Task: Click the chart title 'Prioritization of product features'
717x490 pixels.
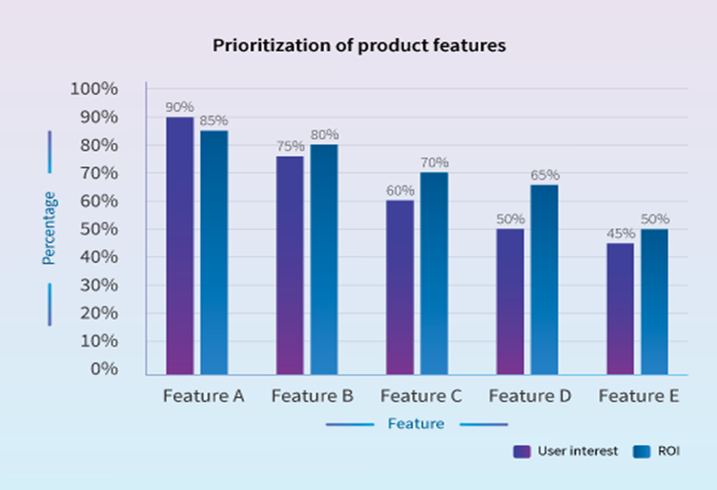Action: [358, 45]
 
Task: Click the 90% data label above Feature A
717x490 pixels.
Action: [180, 108]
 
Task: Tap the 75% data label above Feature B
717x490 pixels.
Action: [290, 147]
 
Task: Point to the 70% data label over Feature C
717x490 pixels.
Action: [435, 162]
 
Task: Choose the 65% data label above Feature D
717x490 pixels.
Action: [545, 175]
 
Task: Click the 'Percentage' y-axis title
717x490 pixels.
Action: [50, 228]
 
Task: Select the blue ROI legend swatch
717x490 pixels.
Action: [642, 451]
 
